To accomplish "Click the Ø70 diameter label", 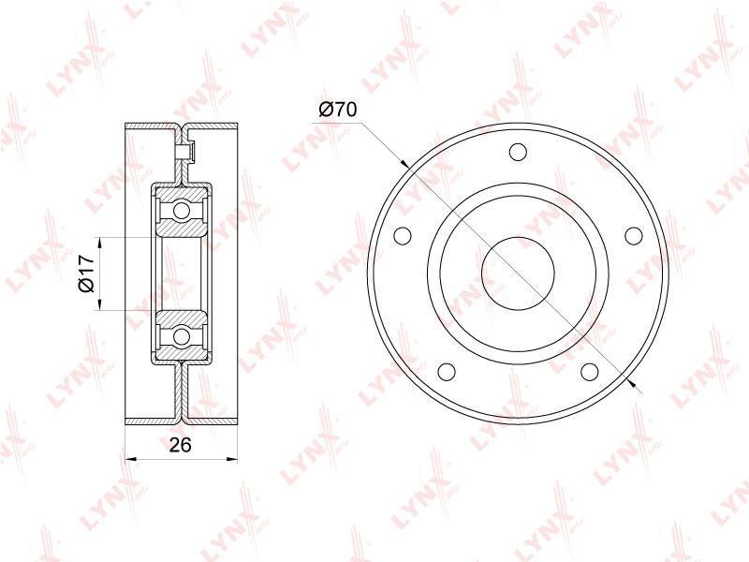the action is pyautogui.click(x=337, y=110).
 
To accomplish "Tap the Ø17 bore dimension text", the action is pyautogui.click(x=86, y=274).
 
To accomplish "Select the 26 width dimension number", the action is pyautogui.click(x=181, y=445).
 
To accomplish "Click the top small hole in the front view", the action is pyautogui.click(x=518, y=152).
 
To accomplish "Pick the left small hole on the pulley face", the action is pyautogui.click(x=403, y=235).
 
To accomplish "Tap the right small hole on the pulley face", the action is pyautogui.click(x=634, y=235).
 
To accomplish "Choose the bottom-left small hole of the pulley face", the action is pyautogui.click(x=447, y=371).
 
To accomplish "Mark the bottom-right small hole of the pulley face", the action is pyautogui.click(x=590, y=371).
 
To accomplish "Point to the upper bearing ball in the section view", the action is pyautogui.click(x=182, y=210).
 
